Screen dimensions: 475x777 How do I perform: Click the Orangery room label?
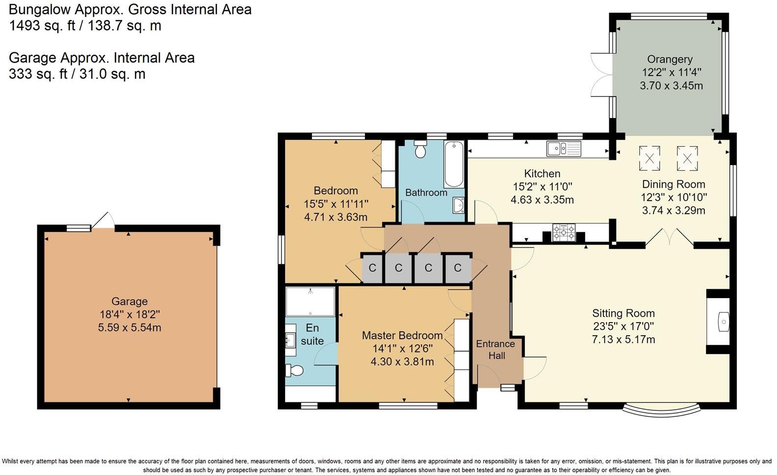[x=670, y=59]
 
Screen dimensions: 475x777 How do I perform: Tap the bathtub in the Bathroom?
[x=454, y=164]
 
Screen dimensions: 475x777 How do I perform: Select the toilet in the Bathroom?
[x=420, y=150]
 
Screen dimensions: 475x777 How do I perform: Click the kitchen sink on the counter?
[x=564, y=148]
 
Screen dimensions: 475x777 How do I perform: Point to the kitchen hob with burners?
[x=564, y=232]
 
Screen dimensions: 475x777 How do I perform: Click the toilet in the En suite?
[x=295, y=371]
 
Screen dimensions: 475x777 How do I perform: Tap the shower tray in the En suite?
[x=310, y=301]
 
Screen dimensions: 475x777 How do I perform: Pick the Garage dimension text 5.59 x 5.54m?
[x=129, y=327]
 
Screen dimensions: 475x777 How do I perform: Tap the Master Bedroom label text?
[x=402, y=335]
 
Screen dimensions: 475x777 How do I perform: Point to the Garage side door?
[x=104, y=221]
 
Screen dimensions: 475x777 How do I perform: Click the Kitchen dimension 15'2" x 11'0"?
[x=542, y=187]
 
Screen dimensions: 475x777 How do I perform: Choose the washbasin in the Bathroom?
[x=459, y=205]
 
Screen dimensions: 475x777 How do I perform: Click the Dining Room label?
[x=673, y=184]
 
